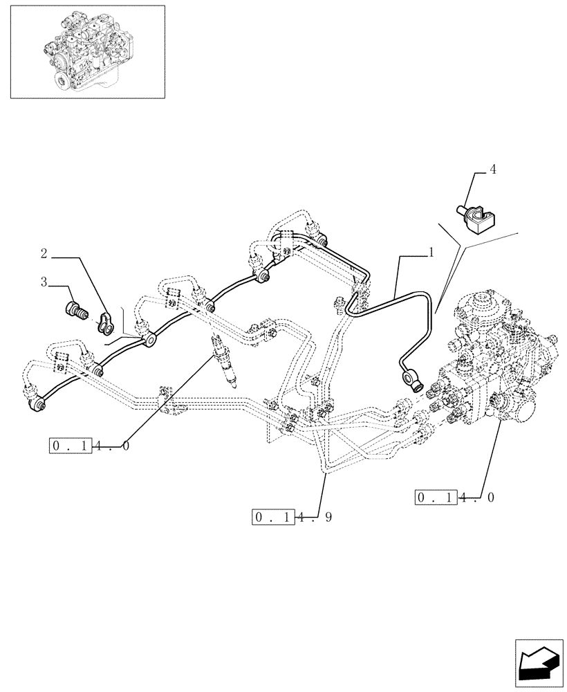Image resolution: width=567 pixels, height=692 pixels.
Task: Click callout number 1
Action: [x=431, y=253]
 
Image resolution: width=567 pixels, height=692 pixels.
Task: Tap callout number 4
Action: [x=493, y=169]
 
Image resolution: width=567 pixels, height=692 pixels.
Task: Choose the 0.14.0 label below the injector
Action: [x=89, y=446]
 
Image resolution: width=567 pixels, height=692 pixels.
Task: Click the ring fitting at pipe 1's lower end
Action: [x=410, y=379]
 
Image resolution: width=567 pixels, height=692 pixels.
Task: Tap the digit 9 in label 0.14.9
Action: [x=327, y=517]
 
